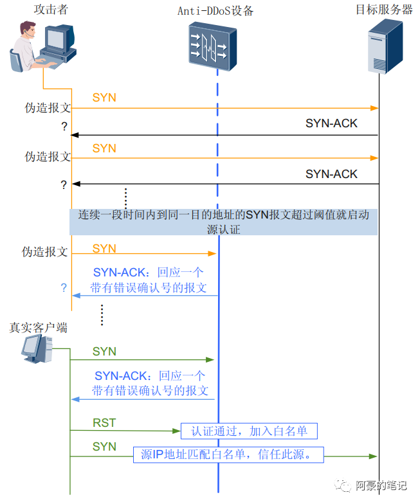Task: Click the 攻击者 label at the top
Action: click(51, 9)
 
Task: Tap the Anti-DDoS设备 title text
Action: click(215, 10)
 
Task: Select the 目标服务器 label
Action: click(384, 9)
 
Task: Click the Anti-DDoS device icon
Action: click(212, 46)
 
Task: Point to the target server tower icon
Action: click(385, 46)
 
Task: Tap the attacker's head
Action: click(28, 30)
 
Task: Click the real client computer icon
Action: click(37, 348)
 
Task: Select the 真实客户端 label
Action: click(39, 328)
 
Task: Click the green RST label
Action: click(104, 423)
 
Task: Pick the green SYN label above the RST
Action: click(104, 351)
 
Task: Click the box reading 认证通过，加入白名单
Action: click(250, 431)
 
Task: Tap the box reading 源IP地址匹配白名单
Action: click(228, 455)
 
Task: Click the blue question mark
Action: click(64, 287)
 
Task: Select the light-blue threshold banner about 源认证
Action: click(224, 222)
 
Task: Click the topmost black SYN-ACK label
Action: click(331, 123)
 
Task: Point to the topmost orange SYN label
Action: click(104, 98)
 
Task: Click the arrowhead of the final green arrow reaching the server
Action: click(373, 456)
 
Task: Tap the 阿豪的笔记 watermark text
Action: click(381, 485)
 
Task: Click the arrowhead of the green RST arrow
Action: click(176, 431)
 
